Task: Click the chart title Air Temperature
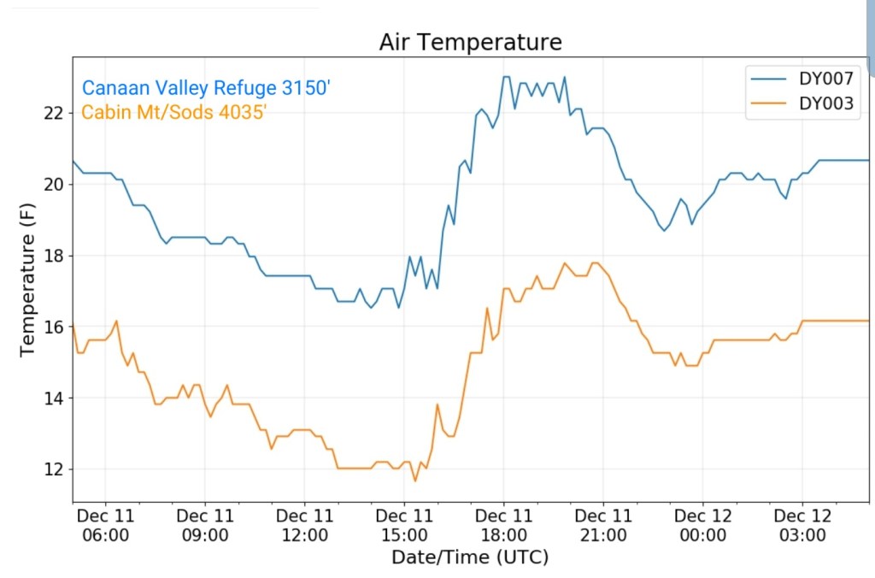point(471,42)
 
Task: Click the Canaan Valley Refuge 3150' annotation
point(205,88)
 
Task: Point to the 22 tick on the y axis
point(55,113)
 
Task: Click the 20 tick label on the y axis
point(55,185)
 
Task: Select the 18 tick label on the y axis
point(55,256)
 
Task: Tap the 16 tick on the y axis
point(55,327)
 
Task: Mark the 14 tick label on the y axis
point(55,398)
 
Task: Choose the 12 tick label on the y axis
point(55,469)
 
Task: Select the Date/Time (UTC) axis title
point(470,557)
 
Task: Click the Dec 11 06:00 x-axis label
point(105,526)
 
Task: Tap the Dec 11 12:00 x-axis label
point(305,526)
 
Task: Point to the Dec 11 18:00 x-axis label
point(504,526)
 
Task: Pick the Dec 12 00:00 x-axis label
point(703,526)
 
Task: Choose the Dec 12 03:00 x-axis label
point(802,526)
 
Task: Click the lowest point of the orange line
point(415,481)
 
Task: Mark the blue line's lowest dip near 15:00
point(398,307)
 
